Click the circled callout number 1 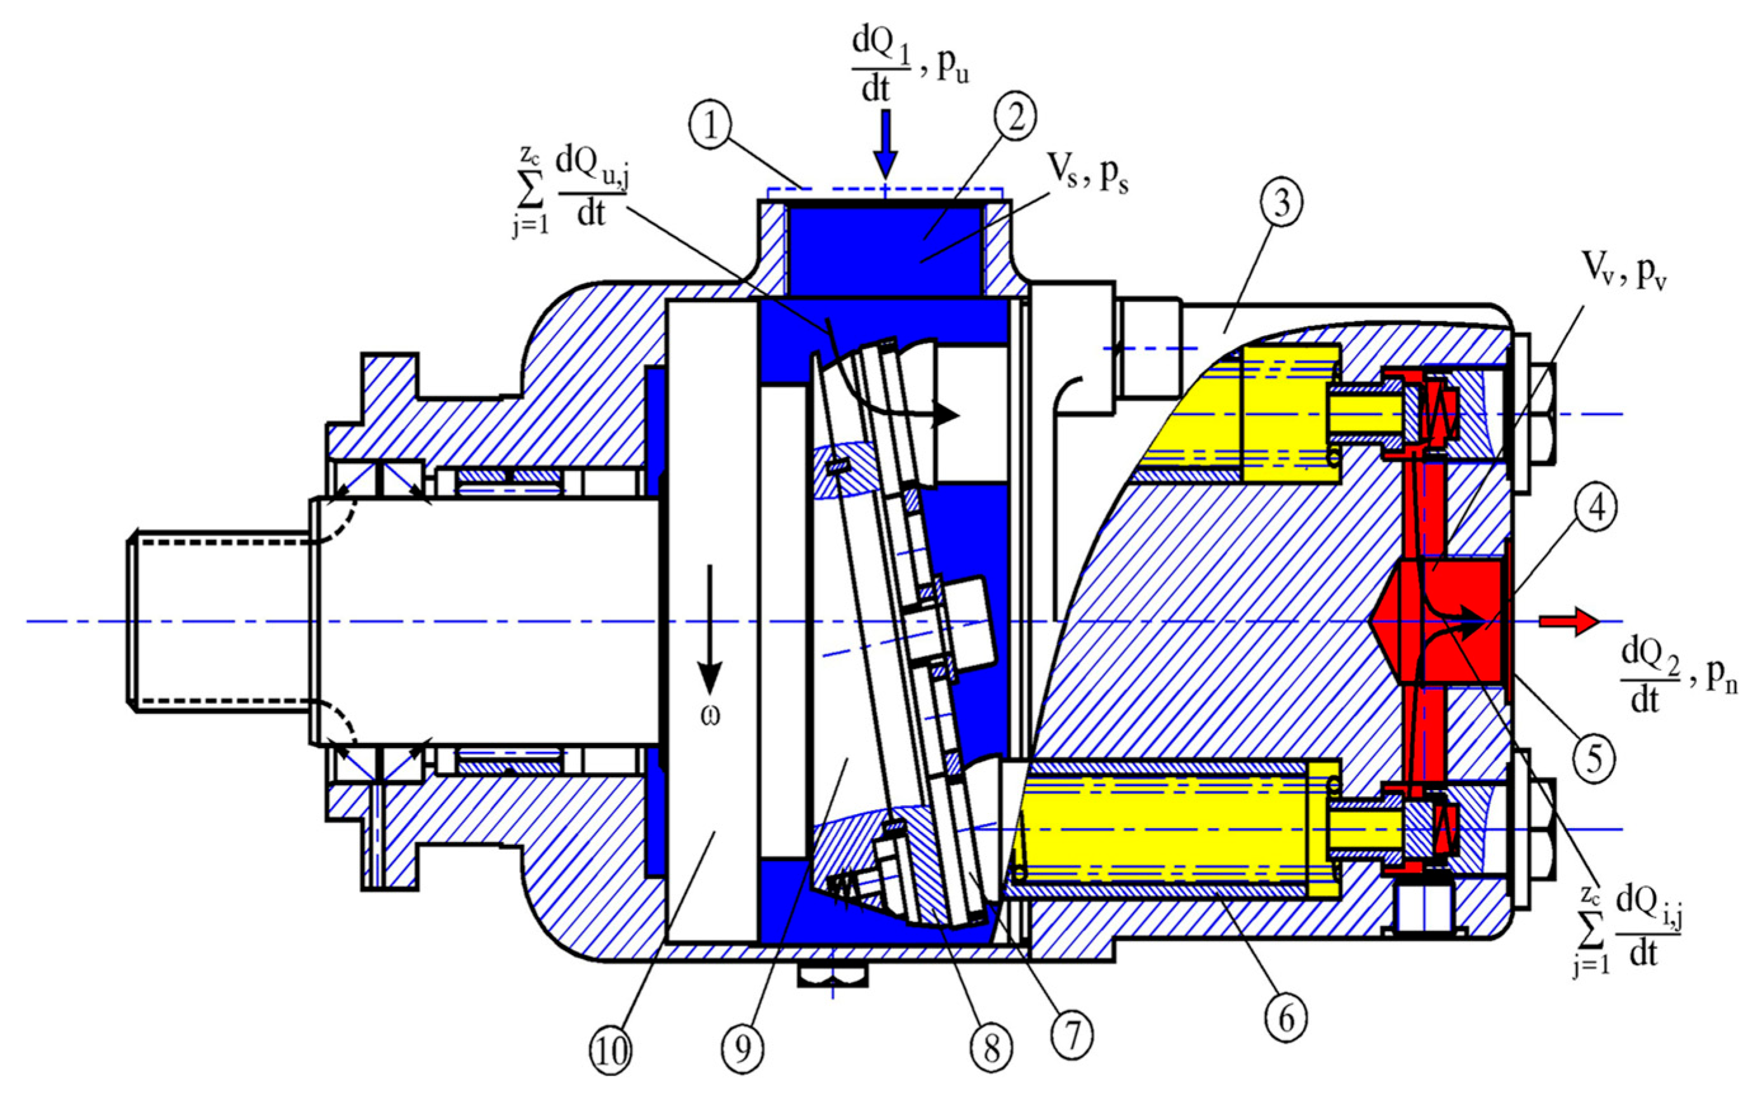coord(712,128)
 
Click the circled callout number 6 coord(1286,1018)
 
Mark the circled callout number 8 coord(991,1047)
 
